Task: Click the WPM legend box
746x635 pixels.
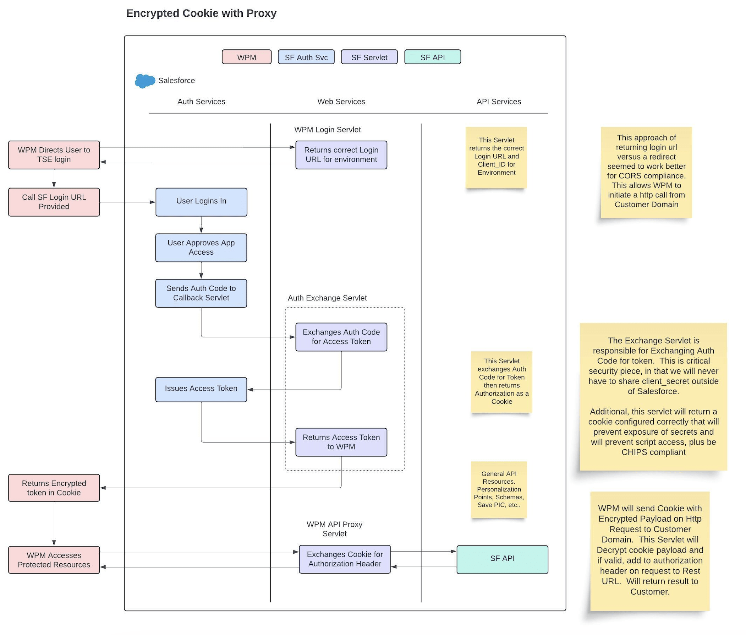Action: pyautogui.click(x=246, y=57)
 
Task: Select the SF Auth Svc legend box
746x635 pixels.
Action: pyautogui.click(x=306, y=57)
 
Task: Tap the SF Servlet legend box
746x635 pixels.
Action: pyautogui.click(x=369, y=57)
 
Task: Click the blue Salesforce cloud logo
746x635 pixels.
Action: pyautogui.click(x=144, y=81)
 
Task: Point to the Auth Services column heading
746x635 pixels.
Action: pyautogui.click(x=201, y=102)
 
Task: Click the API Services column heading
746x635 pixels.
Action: pyautogui.click(x=498, y=102)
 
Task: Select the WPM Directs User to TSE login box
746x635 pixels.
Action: pyautogui.click(x=54, y=155)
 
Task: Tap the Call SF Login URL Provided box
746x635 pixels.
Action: pyautogui.click(x=54, y=202)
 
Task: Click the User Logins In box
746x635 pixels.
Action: pyautogui.click(x=201, y=202)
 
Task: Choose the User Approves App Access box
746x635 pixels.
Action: pyautogui.click(x=201, y=248)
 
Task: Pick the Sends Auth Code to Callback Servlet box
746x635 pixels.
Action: pyautogui.click(x=201, y=293)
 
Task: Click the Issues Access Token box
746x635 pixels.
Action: pyautogui.click(x=201, y=389)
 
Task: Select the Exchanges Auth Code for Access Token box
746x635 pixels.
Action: pyautogui.click(x=341, y=337)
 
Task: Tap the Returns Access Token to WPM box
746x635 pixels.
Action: pyautogui.click(x=341, y=442)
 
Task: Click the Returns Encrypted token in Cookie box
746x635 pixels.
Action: pyautogui.click(x=54, y=488)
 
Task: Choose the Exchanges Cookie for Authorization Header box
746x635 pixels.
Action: pyautogui.click(x=345, y=559)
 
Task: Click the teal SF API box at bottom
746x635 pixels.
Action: pyautogui.click(x=502, y=559)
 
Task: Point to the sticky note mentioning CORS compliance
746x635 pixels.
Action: pyautogui.click(x=646, y=172)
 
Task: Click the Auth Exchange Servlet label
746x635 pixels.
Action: pyautogui.click(x=327, y=298)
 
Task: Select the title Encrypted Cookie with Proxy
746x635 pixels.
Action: pyautogui.click(x=201, y=13)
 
